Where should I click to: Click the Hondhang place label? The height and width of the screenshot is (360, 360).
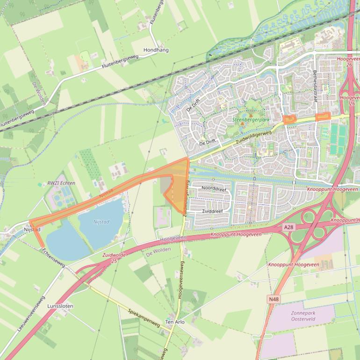[x=156, y=50]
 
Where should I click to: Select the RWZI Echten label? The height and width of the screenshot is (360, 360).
[x=61, y=183]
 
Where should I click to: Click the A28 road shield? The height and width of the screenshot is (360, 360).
[x=288, y=227]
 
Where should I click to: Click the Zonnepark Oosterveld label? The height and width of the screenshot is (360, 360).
[x=303, y=316]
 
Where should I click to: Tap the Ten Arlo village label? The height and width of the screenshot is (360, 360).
[x=175, y=322]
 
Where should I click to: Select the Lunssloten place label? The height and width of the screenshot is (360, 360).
[x=60, y=306]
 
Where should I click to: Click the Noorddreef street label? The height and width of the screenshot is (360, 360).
[x=214, y=189]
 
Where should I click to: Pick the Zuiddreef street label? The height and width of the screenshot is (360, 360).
[x=212, y=211]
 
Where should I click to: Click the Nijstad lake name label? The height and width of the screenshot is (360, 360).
[x=101, y=222]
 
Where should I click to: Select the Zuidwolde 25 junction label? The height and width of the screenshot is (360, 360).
[x=110, y=258]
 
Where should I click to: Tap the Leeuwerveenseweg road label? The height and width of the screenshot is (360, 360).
[x=31, y=314]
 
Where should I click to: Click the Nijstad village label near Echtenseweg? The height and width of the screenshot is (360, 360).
[x=32, y=230]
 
